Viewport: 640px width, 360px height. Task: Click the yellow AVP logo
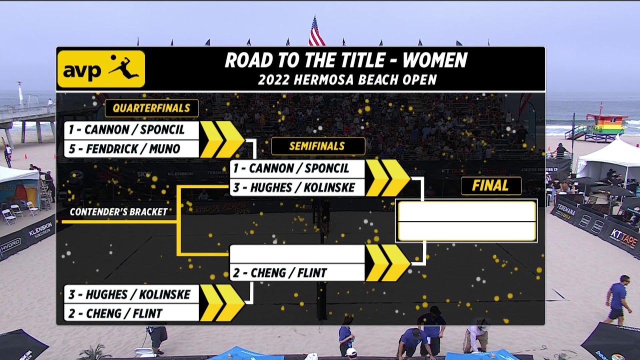(x=101, y=69)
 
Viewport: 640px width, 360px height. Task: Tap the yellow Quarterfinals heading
(x=151, y=108)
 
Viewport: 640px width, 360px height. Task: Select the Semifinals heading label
(x=317, y=146)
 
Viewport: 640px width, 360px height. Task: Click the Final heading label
(x=490, y=185)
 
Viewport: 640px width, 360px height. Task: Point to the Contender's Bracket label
(x=118, y=212)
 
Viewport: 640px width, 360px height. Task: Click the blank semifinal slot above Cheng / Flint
(x=297, y=254)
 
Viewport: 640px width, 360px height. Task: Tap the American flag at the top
(x=316, y=32)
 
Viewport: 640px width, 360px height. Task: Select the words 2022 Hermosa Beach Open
(x=347, y=79)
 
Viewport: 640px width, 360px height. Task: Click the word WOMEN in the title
(x=434, y=60)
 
